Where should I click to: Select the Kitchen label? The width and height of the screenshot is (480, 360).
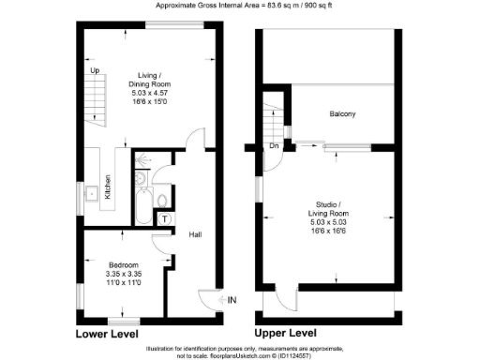(x=108, y=187)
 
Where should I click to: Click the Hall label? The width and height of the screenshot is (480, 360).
(x=196, y=234)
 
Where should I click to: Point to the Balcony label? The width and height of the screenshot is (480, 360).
(x=341, y=114)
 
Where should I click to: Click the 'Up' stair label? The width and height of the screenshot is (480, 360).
(x=95, y=70)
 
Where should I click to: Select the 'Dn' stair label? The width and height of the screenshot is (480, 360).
(x=274, y=146)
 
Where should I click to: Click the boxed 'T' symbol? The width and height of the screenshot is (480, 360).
(x=165, y=218)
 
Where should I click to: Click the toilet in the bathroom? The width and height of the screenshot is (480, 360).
(x=163, y=198)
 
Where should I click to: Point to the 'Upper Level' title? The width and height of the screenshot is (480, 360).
(x=287, y=333)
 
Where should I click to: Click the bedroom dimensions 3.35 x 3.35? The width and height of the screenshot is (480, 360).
(x=123, y=275)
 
